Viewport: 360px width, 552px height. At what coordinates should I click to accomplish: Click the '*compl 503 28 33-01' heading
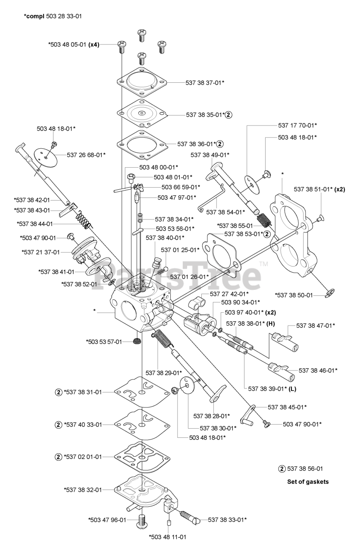(x=53, y=16)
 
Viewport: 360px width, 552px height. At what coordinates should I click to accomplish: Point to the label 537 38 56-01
(x=307, y=468)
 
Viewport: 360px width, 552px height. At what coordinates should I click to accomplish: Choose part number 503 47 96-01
(x=107, y=520)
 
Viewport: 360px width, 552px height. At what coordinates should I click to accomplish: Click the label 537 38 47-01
(x=316, y=325)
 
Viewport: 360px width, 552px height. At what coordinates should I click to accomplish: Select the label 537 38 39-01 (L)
(x=272, y=388)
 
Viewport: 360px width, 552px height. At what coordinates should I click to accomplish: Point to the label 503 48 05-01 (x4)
(x=74, y=44)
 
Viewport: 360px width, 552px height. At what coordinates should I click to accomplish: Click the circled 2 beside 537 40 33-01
(x=58, y=424)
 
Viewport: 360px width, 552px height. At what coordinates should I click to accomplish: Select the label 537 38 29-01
(x=164, y=373)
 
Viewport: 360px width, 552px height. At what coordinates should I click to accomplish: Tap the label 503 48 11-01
(x=168, y=537)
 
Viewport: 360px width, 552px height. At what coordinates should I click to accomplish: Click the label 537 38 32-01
(x=83, y=489)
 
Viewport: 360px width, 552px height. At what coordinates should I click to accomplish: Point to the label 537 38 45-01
(x=287, y=407)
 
